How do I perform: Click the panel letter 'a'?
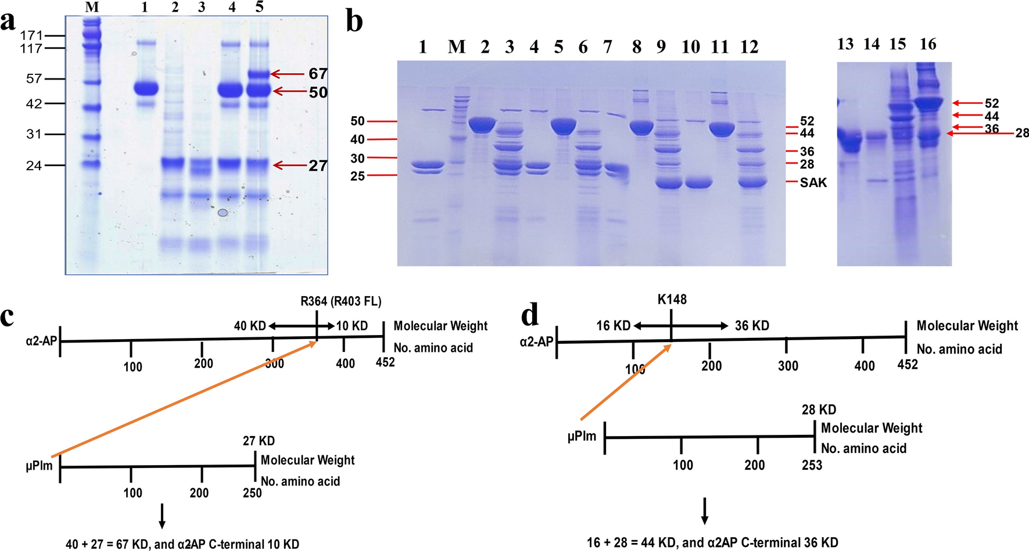[8, 22]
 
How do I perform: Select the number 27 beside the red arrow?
[318, 165]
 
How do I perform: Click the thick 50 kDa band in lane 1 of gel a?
[146, 89]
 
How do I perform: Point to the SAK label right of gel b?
[813, 182]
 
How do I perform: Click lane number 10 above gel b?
[690, 47]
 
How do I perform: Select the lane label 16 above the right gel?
[928, 44]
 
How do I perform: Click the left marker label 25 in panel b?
[357, 176]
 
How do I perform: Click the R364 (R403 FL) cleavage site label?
[340, 301]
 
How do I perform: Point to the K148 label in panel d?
[672, 300]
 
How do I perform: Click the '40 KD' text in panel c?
[250, 326]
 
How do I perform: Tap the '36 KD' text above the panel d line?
[752, 326]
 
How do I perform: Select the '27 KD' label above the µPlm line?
[259, 441]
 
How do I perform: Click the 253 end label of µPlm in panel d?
[812, 464]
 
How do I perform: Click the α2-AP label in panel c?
[41, 341]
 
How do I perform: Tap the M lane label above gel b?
[457, 47]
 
